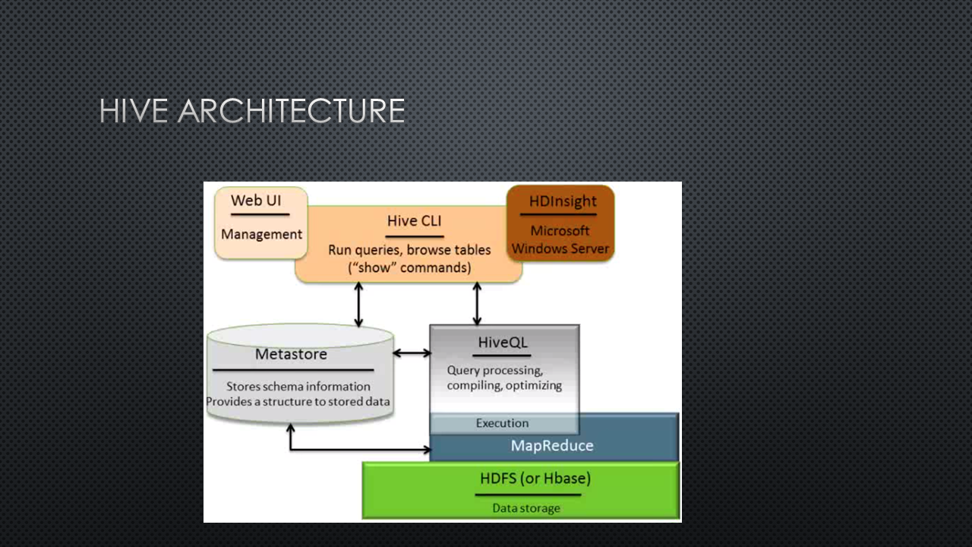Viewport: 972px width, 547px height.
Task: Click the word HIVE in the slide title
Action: tap(134, 111)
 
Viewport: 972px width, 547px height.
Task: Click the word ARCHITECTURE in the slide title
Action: tap(291, 111)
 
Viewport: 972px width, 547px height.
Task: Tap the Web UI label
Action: tap(256, 201)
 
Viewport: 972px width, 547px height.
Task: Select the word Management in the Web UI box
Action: tap(262, 235)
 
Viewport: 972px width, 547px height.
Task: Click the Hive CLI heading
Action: tap(415, 221)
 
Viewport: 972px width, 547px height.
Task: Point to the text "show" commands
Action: tap(409, 267)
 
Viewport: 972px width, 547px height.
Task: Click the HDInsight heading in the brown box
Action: tap(563, 201)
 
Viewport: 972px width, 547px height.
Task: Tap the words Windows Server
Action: tap(560, 248)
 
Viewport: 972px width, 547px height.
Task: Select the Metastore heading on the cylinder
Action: tap(291, 354)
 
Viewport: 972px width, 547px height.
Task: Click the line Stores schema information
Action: tap(298, 387)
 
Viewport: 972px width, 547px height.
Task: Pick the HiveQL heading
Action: tap(503, 343)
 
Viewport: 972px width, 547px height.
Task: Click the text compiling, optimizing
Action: tap(504, 385)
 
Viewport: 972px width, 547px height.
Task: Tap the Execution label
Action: tap(503, 423)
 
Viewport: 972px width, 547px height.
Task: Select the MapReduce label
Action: tap(552, 445)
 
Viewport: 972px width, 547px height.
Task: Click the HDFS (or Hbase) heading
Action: tap(535, 479)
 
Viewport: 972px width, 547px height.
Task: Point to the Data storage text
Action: tap(526, 508)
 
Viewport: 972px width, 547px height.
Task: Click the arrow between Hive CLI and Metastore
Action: tap(358, 305)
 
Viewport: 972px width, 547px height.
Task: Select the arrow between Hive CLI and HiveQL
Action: tap(477, 303)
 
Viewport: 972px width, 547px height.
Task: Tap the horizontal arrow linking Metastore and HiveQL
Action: tap(412, 353)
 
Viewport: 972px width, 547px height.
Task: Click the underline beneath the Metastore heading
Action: tap(293, 370)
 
